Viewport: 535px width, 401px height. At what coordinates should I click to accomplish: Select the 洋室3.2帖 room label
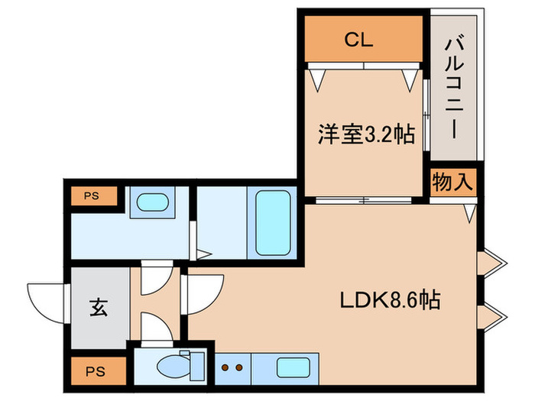(x=366, y=136)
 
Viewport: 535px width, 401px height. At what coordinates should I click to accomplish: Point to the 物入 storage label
(x=454, y=183)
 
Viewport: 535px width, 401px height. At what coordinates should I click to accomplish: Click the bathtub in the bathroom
(x=272, y=222)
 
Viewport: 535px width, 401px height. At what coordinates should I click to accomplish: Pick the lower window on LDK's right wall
(x=491, y=313)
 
